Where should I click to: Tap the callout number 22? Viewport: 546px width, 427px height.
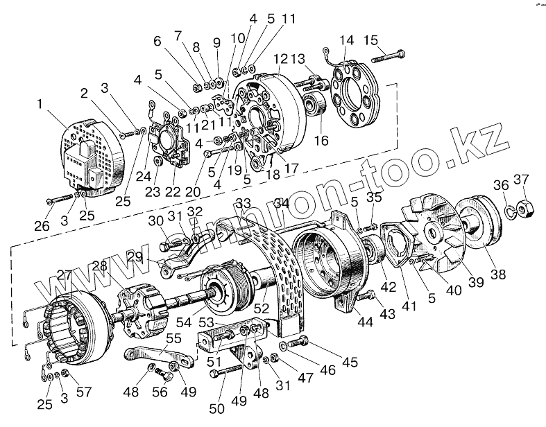(x=171, y=192)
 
